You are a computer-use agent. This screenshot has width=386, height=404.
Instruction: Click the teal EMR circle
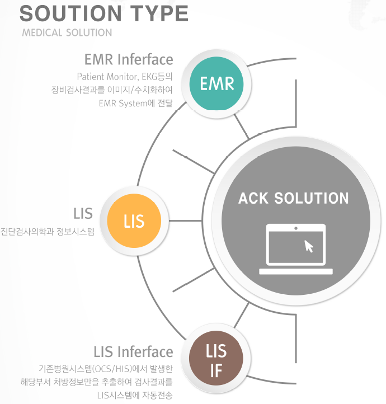217,84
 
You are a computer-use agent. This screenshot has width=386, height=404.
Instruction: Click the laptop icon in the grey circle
295,249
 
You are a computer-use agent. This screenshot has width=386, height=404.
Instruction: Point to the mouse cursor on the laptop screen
308,246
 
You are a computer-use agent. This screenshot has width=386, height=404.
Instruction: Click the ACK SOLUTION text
293,198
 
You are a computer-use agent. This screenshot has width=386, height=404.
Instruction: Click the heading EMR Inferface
129,59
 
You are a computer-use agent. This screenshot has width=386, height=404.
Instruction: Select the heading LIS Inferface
133,352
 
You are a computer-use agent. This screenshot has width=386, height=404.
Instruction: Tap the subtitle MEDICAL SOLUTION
67,32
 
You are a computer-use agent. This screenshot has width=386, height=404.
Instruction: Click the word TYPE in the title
159,13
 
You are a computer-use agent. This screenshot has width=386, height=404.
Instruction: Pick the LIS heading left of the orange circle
83,213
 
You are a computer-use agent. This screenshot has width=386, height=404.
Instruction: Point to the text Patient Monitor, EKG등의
125,76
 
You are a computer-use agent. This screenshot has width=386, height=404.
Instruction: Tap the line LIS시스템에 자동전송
135,396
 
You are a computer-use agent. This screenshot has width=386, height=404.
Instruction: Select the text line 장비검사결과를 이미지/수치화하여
112,90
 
